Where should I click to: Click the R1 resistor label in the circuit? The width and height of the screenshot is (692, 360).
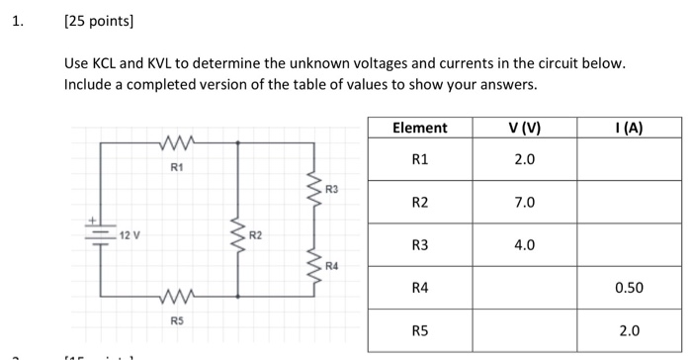tap(176, 168)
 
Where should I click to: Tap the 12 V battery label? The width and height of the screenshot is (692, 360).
tap(130, 234)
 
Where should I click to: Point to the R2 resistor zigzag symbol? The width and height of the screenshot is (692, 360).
tap(236, 235)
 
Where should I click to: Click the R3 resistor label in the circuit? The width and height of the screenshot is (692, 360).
tap(331, 187)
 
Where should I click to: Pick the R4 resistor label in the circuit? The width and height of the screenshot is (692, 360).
tap(331, 266)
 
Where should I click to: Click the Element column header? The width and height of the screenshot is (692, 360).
tap(419, 128)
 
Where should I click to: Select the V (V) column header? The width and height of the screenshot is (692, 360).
tap(524, 128)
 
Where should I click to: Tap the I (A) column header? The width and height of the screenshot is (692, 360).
tap(628, 128)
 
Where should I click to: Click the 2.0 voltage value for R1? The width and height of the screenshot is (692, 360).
tap(524, 159)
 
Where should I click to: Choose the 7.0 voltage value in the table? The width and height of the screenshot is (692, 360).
tap(524, 202)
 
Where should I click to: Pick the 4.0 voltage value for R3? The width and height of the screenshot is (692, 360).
tap(524, 244)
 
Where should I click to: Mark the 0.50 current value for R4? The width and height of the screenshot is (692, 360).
tap(628, 288)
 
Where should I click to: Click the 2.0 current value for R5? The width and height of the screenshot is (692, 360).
tap(628, 330)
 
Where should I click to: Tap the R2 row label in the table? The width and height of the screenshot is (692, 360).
tap(419, 202)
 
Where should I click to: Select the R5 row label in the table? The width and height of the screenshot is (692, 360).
tap(419, 330)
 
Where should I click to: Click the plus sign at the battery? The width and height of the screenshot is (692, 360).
tap(94, 221)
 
